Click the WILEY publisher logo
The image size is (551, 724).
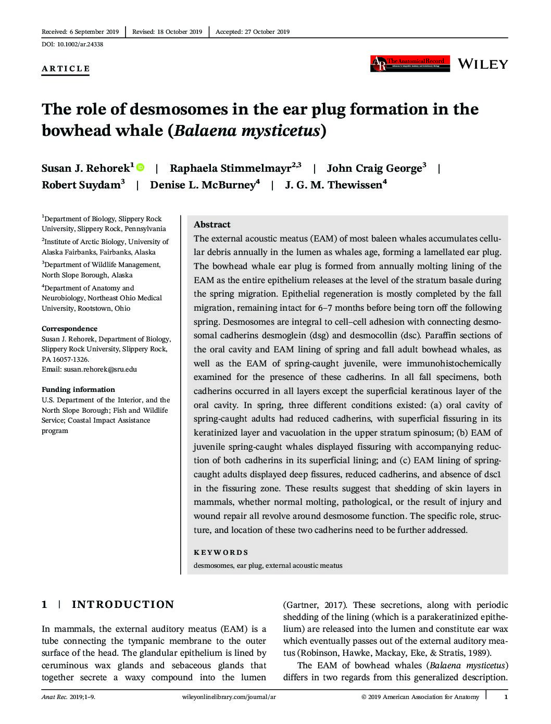tap(482, 64)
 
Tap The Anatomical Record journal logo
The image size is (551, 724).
tap(410, 63)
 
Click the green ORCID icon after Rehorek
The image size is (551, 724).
tap(140, 167)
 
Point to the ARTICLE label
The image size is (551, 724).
tap(66, 69)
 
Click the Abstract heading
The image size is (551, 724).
tap(212, 224)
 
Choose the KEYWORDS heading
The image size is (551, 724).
tap(221, 552)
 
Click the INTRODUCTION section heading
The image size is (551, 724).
tap(123, 604)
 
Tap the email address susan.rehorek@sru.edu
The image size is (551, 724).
tap(100, 369)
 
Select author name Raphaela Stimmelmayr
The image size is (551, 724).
tap(230, 168)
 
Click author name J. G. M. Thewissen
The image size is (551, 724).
tap(333, 185)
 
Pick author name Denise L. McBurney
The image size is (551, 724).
tap(202, 185)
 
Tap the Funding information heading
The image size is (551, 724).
tap(78, 389)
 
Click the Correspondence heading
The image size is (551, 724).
tap(69, 328)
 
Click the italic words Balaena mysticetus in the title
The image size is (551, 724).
tap(247, 130)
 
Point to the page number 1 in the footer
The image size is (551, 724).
tap(506, 696)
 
